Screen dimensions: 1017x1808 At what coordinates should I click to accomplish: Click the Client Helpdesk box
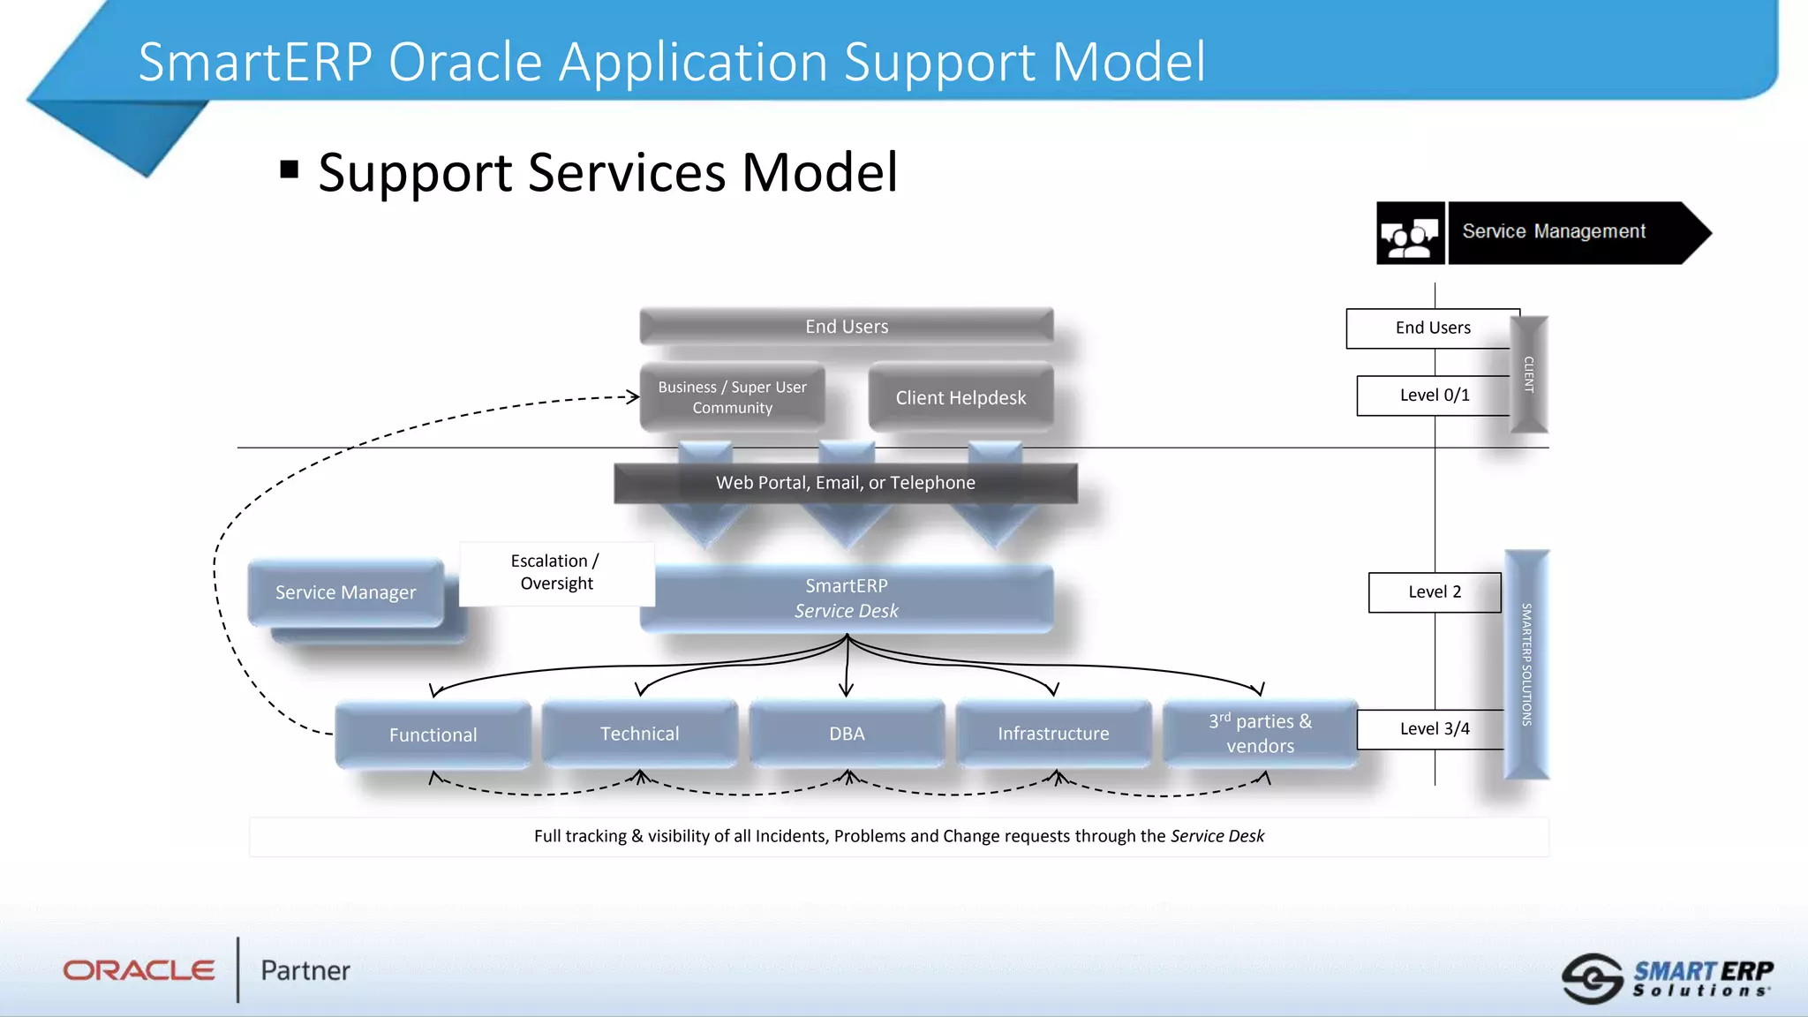tap(960, 397)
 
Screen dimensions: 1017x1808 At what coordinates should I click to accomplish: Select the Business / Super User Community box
tap(732, 397)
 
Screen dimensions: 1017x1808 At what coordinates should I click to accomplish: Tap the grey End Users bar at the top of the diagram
tap(846, 326)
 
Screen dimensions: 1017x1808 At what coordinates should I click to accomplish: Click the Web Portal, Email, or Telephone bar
tap(845, 483)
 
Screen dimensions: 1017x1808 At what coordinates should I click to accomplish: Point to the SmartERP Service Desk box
tap(846, 598)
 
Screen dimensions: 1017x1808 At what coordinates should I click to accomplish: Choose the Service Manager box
tap(345, 592)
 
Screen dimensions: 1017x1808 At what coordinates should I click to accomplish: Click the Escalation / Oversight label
tap(556, 572)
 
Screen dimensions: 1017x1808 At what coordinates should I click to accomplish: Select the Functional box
tap(433, 734)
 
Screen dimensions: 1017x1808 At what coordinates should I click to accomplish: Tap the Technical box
tap(639, 734)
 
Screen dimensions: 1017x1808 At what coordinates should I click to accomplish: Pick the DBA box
tap(846, 734)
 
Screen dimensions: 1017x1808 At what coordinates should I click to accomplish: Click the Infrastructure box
tap(1053, 734)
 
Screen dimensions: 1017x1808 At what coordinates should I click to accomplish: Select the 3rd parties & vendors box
tap(1260, 734)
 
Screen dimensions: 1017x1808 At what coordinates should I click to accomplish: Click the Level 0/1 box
tap(1434, 395)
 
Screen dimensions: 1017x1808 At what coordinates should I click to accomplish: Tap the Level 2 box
tap(1434, 591)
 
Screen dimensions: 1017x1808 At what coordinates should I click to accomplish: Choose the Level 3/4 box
tap(1434, 728)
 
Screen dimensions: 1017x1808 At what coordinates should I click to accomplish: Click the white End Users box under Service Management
tap(1432, 328)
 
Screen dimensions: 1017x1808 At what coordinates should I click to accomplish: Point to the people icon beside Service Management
tap(1410, 234)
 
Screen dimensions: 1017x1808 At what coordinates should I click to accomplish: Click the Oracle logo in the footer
tap(139, 970)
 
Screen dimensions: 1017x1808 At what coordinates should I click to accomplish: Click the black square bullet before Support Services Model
tap(289, 169)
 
